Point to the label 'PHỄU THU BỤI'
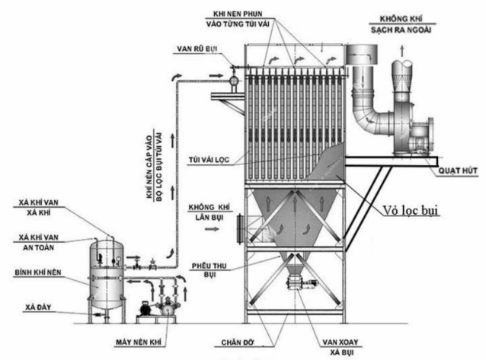[208, 271]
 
